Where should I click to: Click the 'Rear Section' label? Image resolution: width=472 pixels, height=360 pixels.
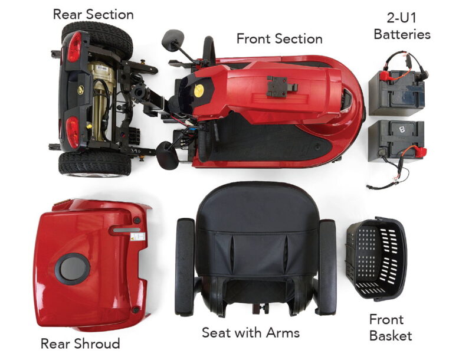[x=93, y=14]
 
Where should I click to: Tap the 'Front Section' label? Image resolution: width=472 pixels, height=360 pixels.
[x=279, y=39]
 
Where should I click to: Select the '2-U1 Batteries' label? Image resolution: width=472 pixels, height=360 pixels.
[x=402, y=26]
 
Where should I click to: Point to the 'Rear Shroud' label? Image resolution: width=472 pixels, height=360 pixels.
[x=80, y=343]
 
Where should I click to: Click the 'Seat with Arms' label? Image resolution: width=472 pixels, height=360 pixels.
[x=251, y=333]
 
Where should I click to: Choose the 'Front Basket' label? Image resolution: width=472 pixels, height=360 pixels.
[x=391, y=328]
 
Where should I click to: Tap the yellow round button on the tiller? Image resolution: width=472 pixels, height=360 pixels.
[x=199, y=91]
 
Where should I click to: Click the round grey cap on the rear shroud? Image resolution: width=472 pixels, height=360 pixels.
[x=73, y=269]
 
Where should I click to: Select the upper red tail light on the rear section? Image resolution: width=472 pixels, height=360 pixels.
[x=74, y=47]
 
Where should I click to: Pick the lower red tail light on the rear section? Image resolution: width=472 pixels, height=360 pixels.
[x=72, y=132]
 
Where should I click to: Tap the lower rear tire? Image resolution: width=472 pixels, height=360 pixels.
[x=95, y=164]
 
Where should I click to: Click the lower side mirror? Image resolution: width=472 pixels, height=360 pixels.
[x=167, y=155]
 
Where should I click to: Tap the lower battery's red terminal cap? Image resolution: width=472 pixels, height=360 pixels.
[x=421, y=149]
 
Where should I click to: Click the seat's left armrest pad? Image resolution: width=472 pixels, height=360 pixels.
[x=185, y=267]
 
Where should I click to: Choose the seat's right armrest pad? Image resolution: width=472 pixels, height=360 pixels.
[x=327, y=267]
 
